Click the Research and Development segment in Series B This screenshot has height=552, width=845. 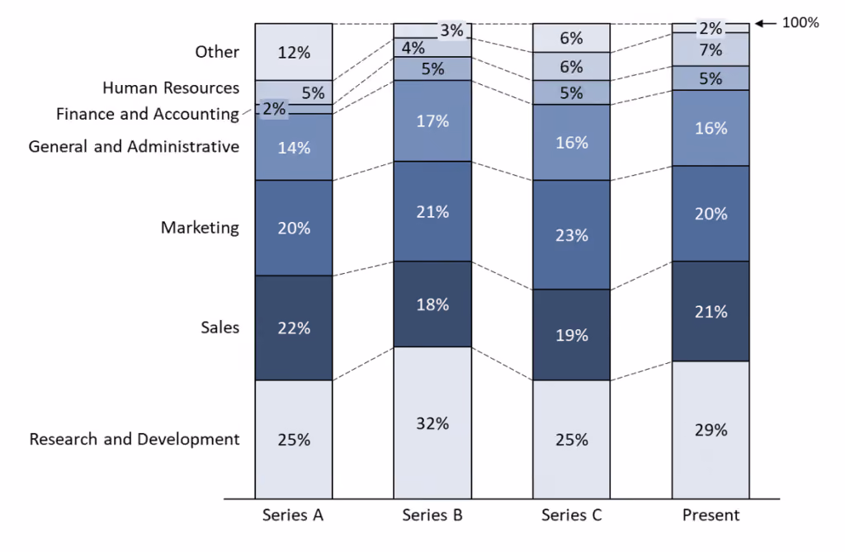(x=432, y=422)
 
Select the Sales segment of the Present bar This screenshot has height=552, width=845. (x=710, y=311)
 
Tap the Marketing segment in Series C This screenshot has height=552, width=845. (x=571, y=234)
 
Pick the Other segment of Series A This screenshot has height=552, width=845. (x=294, y=52)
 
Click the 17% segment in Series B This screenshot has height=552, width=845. (x=432, y=120)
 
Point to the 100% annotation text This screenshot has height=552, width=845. (x=800, y=22)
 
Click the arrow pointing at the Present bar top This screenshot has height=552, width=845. (x=765, y=23)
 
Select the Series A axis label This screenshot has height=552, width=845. (x=293, y=516)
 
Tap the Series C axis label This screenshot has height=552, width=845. (x=571, y=516)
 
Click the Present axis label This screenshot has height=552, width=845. (x=710, y=516)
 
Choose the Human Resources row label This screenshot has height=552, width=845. (x=171, y=87)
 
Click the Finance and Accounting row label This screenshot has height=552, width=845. (x=148, y=115)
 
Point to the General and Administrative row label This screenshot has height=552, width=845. (x=134, y=147)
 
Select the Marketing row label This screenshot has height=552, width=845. (x=200, y=228)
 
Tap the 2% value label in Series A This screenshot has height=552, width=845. (x=274, y=109)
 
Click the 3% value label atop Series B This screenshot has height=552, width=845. (x=451, y=31)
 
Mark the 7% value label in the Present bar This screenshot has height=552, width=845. (x=710, y=50)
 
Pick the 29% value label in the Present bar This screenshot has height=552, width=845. (x=710, y=430)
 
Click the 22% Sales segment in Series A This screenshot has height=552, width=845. (x=294, y=328)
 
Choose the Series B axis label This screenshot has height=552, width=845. (x=432, y=516)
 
